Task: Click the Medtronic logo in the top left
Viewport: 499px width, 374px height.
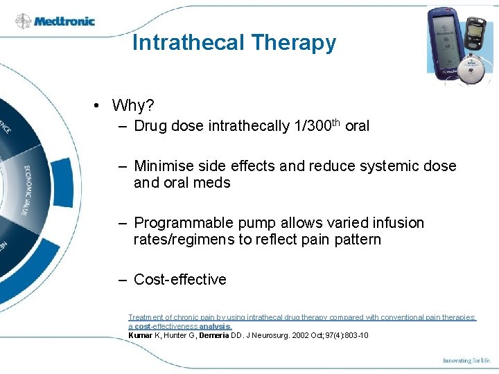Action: [55, 21]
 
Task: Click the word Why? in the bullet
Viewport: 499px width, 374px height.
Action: [133, 105]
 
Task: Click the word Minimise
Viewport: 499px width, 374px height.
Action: [163, 166]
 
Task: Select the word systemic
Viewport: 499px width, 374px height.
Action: [387, 166]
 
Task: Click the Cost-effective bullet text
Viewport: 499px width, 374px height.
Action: [180, 280]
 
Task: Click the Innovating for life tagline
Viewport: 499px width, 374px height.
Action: [467, 361]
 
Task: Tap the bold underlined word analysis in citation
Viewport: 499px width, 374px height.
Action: [216, 326]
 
